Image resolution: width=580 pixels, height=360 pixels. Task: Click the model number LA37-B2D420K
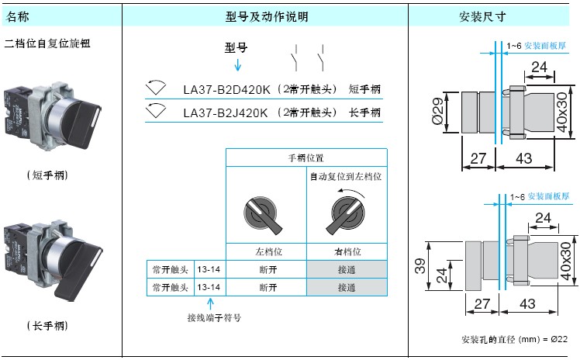(227, 90)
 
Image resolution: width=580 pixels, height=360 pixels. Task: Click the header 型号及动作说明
(265, 16)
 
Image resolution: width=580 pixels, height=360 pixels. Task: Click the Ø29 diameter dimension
(437, 113)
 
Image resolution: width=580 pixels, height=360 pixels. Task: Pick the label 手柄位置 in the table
(306, 158)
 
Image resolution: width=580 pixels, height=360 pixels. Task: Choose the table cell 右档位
(347, 251)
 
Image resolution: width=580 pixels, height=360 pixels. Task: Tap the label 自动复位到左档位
(346, 177)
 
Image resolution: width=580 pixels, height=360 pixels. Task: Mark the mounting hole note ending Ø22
(515, 340)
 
